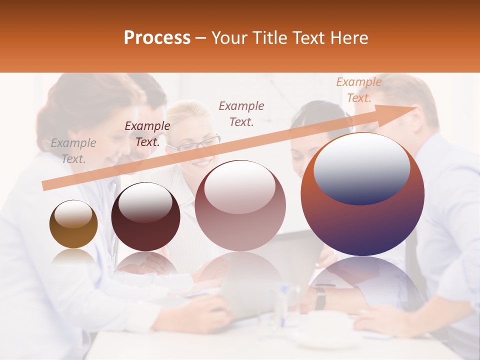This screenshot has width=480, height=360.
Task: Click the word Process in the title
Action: point(157,38)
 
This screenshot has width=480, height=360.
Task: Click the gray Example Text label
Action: point(73,151)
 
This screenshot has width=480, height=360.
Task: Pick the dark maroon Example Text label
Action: point(147,134)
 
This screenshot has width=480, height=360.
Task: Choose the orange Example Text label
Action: point(358,90)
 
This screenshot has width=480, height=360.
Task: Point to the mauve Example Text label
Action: point(241,113)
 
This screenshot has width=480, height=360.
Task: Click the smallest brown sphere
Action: point(73,224)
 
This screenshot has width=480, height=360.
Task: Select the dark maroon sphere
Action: point(145,216)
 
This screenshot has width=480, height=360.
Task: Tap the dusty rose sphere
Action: point(240,205)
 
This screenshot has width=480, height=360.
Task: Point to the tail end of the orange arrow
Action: point(44,186)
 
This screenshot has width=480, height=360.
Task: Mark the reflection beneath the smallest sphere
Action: point(73,258)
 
